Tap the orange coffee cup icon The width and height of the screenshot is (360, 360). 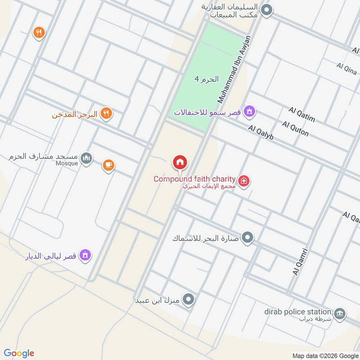[108, 165]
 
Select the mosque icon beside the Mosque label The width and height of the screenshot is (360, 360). [87, 158]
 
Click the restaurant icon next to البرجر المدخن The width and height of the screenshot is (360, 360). [106, 113]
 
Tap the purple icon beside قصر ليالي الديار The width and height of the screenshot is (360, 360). [85, 256]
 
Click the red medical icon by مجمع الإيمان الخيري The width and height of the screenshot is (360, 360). [244, 181]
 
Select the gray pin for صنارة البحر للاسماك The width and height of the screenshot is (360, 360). [247, 237]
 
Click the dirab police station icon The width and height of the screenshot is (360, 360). [340, 313]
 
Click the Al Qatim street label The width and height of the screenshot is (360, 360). [302, 115]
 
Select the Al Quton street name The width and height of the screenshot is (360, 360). [296, 129]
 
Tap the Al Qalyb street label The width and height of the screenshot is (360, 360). [261, 134]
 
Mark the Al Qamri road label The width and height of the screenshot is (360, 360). [300, 262]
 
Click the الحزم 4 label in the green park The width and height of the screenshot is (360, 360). [207, 79]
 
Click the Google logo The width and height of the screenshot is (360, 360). [19, 353]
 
